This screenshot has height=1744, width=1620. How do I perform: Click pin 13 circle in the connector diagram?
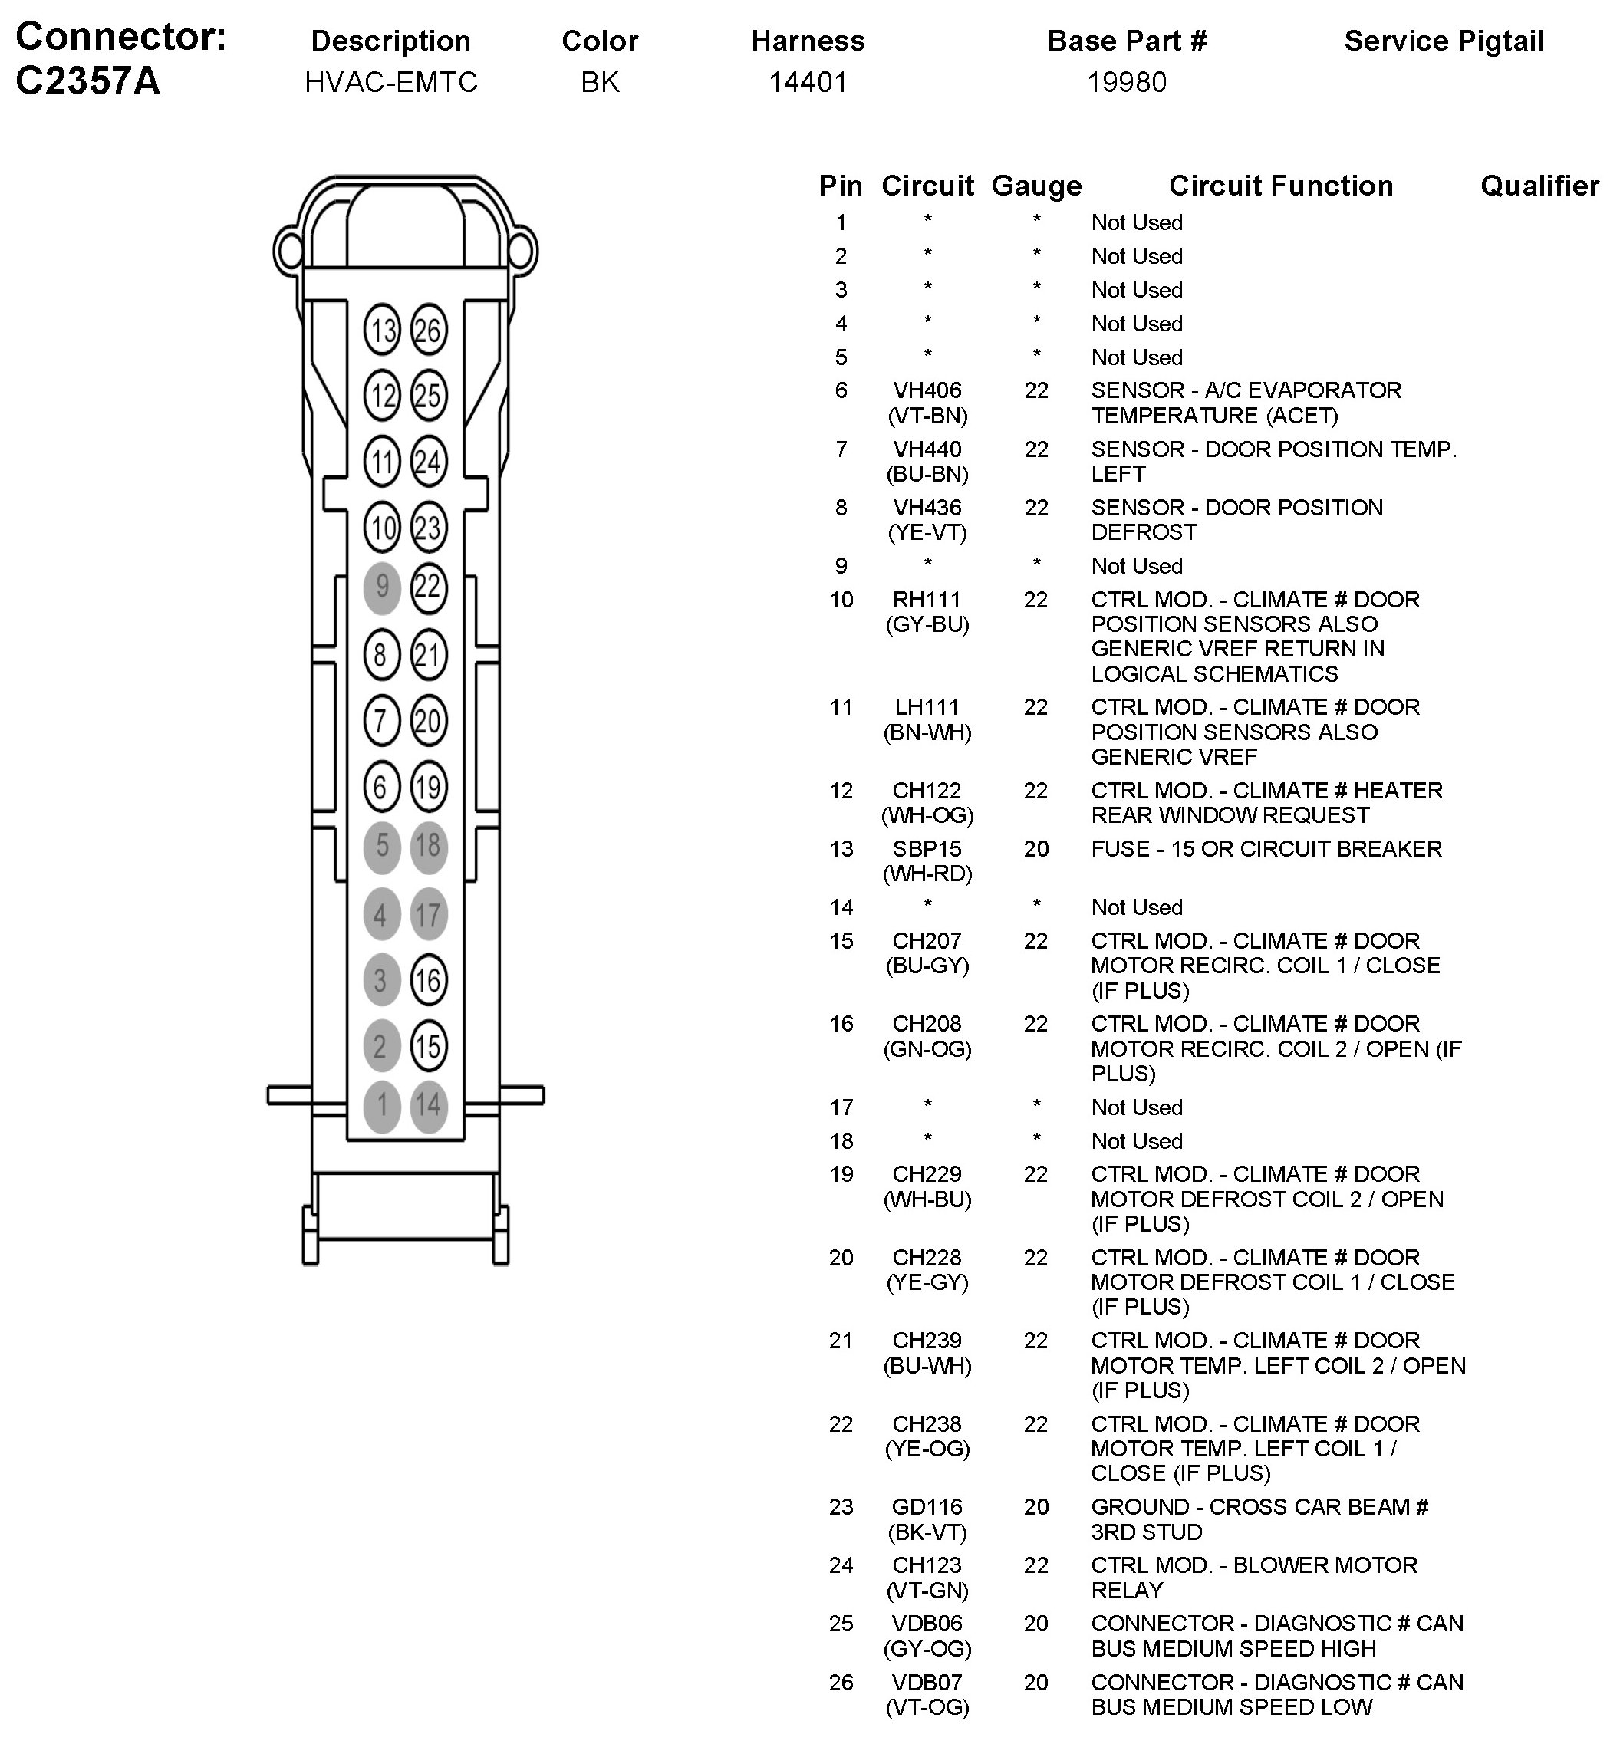(382, 331)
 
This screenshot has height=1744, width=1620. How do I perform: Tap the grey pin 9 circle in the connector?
(382, 587)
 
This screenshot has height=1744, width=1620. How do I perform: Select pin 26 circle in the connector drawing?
(429, 331)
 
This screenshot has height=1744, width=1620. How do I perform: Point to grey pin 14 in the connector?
(429, 1106)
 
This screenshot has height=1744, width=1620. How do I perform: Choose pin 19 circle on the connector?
(429, 787)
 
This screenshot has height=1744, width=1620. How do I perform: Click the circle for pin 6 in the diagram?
(381, 787)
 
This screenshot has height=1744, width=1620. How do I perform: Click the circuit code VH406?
(927, 390)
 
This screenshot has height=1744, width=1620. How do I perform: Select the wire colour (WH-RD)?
(927, 874)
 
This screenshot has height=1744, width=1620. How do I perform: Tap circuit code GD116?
(927, 1507)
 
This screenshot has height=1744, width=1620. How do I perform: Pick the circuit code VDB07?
(927, 1683)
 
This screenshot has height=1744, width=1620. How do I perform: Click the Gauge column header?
(1036, 186)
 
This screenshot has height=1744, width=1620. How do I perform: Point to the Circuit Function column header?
(1281, 186)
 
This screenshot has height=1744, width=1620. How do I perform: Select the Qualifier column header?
(1539, 186)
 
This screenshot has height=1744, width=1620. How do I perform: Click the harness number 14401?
(808, 82)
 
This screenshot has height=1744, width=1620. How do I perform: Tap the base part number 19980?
(1127, 82)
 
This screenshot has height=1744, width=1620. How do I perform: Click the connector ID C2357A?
(87, 81)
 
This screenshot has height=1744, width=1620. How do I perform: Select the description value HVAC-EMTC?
(391, 82)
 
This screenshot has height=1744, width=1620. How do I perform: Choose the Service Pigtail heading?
(1444, 41)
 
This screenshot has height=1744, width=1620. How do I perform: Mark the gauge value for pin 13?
(1036, 849)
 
